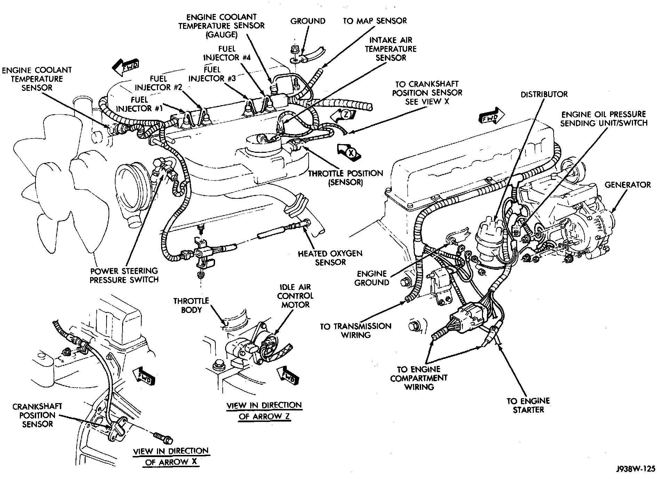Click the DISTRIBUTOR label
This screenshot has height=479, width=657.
[x=544, y=94]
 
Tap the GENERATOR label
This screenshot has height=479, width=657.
[x=627, y=184]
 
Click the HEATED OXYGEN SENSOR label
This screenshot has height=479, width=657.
[x=330, y=258]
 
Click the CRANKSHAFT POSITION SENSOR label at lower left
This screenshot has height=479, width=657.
[x=38, y=415]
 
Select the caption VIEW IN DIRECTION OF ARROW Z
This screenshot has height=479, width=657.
[x=264, y=411]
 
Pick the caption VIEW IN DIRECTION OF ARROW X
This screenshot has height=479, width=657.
[x=171, y=456]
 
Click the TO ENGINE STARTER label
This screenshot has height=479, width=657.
[x=528, y=405]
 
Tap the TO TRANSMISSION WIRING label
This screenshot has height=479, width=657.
[x=356, y=330]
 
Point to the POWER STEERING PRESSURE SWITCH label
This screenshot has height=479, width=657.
[x=124, y=275]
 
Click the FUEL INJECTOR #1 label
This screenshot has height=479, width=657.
[x=139, y=104]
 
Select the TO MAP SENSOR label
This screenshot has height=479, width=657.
[x=374, y=21]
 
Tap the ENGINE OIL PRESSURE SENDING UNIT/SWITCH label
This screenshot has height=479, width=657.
[x=604, y=118]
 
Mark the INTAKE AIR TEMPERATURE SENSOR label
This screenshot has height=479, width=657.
[x=390, y=49]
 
